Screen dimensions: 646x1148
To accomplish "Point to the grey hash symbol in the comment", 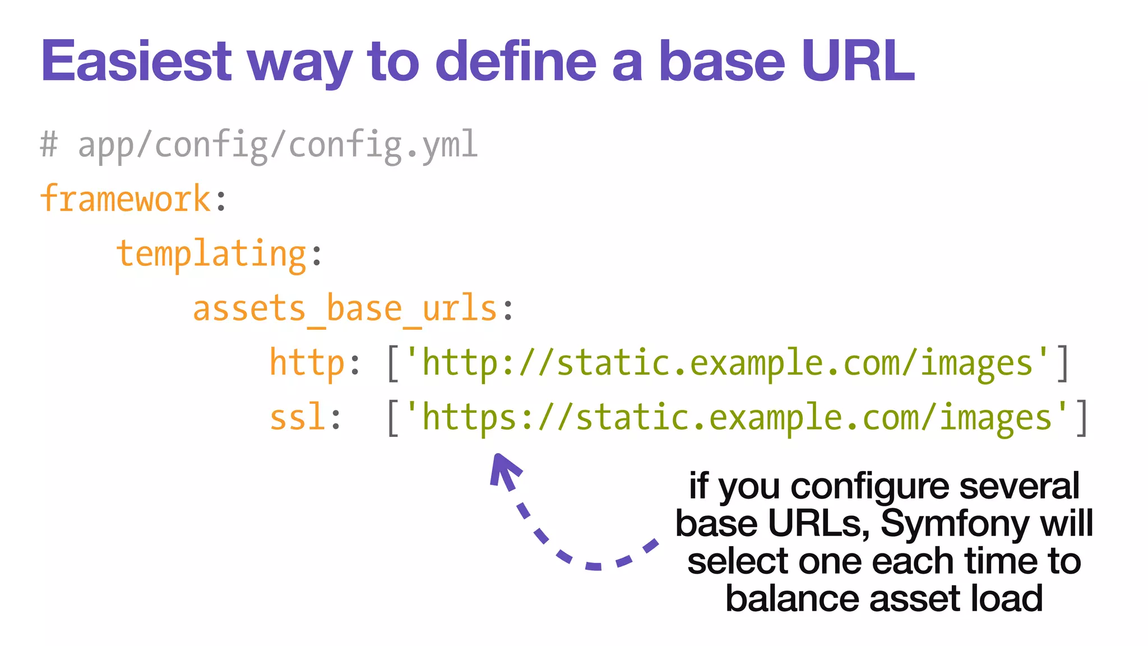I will [49, 145].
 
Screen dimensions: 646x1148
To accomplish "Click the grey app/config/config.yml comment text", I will [277, 145].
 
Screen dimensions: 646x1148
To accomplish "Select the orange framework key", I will [126, 199].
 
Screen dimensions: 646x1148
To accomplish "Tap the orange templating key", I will [211, 253].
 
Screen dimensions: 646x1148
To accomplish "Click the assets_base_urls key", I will [345, 308].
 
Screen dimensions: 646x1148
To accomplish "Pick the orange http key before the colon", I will [307, 362].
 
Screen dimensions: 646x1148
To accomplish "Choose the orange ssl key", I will [297, 417].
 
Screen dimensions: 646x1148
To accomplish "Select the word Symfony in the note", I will [955, 523].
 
